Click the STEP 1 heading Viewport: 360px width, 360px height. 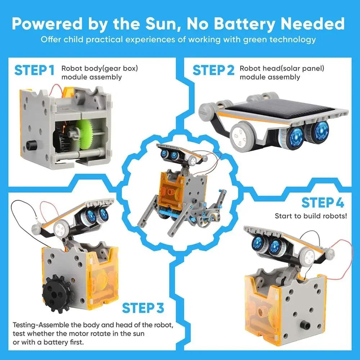[x=35, y=70]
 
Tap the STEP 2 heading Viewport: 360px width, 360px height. [x=213, y=70]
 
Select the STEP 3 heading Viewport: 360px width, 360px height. [x=143, y=308]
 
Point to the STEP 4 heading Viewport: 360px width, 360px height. [x=323, y=203]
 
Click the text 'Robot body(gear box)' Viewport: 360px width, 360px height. [x=100, y=68]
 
